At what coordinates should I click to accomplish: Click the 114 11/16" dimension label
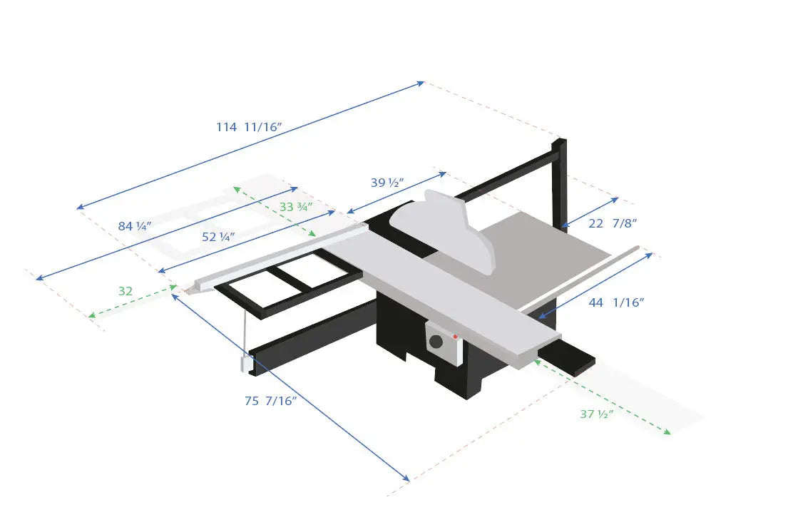pos(250,127)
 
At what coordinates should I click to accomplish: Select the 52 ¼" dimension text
pos(218,237)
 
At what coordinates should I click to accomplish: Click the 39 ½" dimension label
pos(387,183)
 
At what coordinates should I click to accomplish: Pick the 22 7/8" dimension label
pos(613,223)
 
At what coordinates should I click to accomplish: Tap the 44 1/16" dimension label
pos(617,302)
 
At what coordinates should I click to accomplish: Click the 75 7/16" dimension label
pos(270,401)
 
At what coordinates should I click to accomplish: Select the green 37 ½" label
pos(597,414)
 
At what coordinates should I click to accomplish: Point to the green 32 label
pos(126,291)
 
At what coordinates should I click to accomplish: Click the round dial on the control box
pos(436,341)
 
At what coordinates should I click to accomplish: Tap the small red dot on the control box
pos(455,336)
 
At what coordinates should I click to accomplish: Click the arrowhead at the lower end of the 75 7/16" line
pos(406,479)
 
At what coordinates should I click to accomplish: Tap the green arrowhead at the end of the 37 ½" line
pos(667,432)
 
